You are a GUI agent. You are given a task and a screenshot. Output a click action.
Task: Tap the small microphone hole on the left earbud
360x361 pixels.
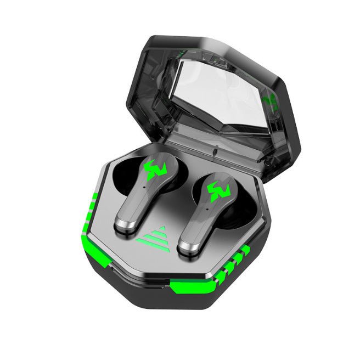[144, 186]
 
